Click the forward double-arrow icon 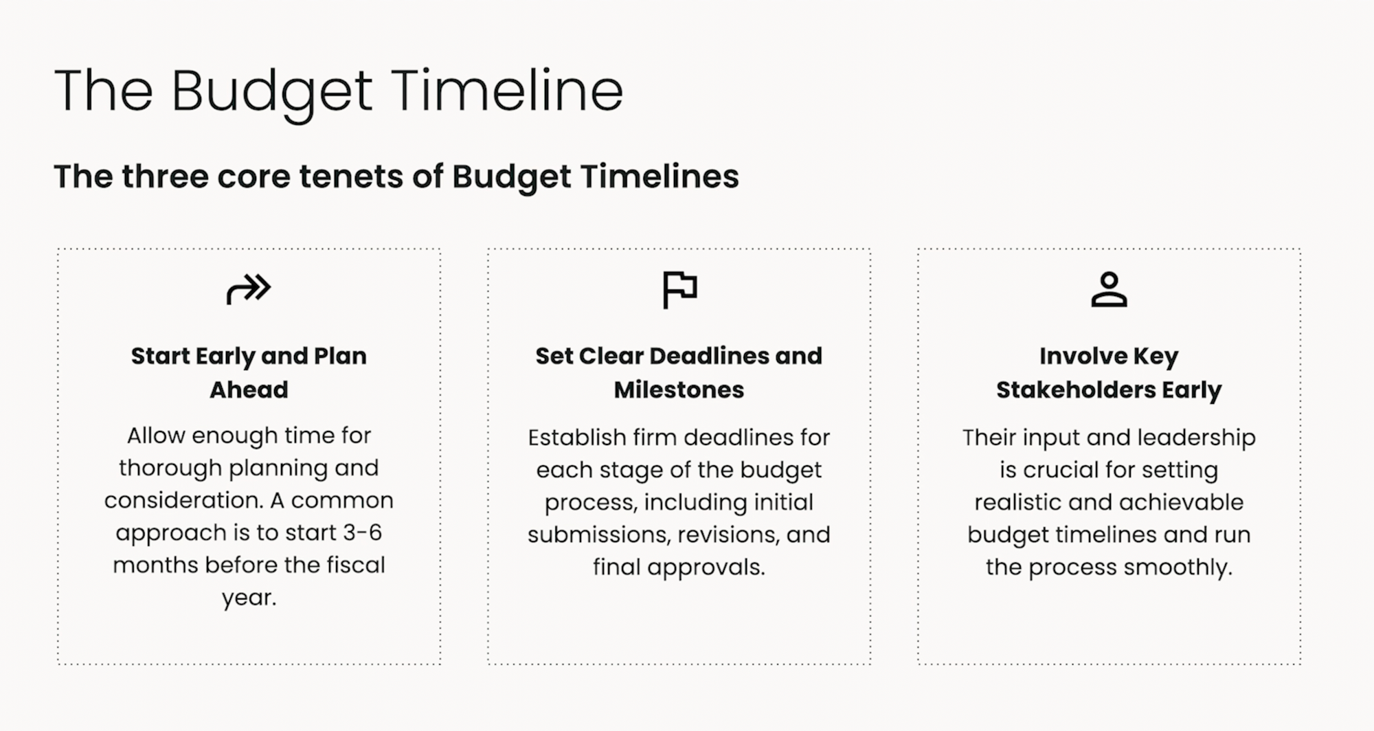(x=249, y=289)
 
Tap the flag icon (x=679, y=289)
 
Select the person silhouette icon (x=1109, y=289)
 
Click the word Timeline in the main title (x=508, y=91)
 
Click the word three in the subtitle (x=166, y=177)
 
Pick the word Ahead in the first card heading (x=249, y=390)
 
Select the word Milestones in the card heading (x=679, y=390)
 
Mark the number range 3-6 (x=361, y=532)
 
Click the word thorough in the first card (x=170, y=468)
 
